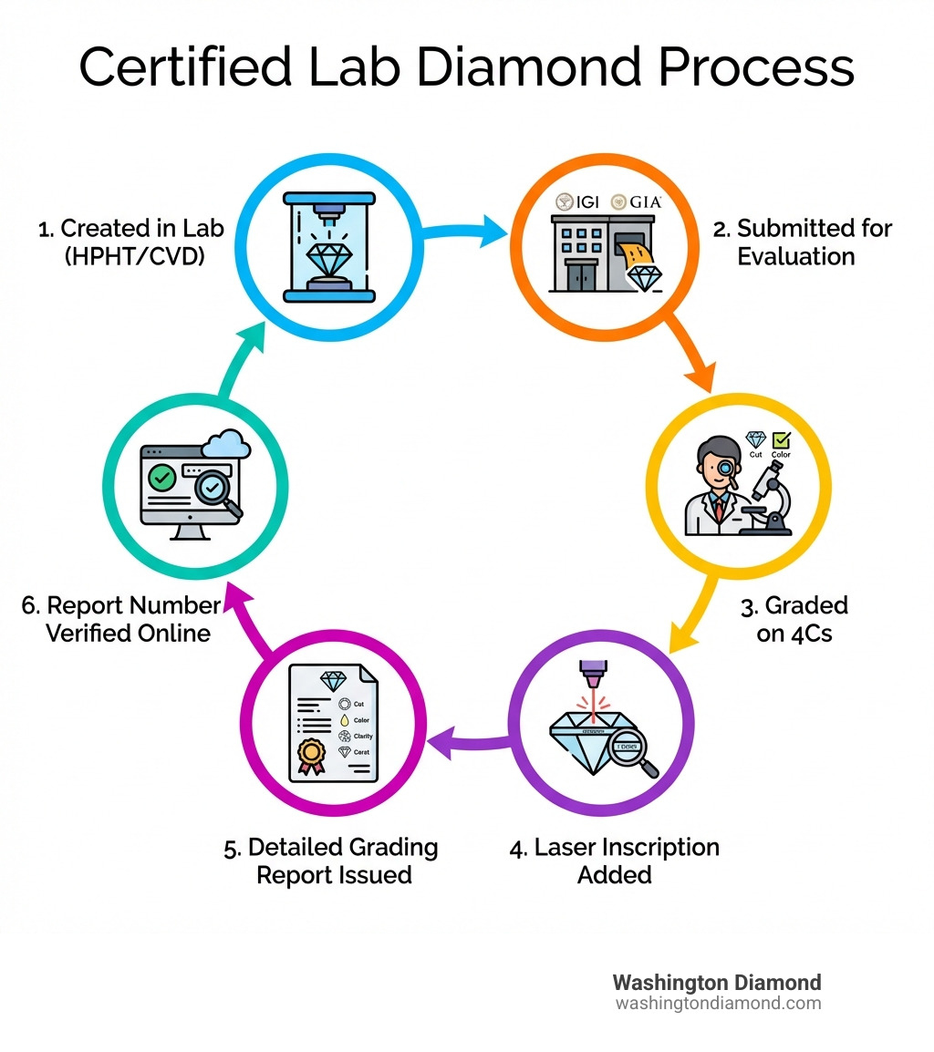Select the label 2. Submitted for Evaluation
[801, 242]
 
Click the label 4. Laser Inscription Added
[614, 861]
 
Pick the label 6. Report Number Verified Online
[121, 619]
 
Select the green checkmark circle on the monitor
[162, 477]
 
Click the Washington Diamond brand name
[716, 983]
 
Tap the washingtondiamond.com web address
[718, 1004]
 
